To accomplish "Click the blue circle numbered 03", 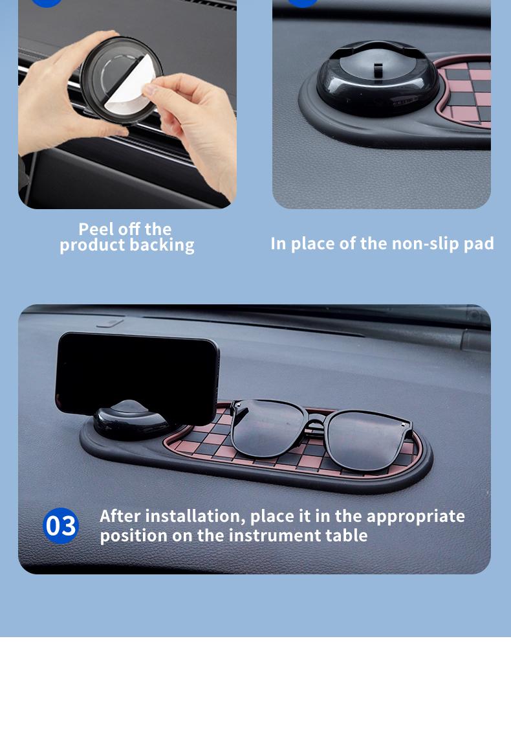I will (x=61, y=525).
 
